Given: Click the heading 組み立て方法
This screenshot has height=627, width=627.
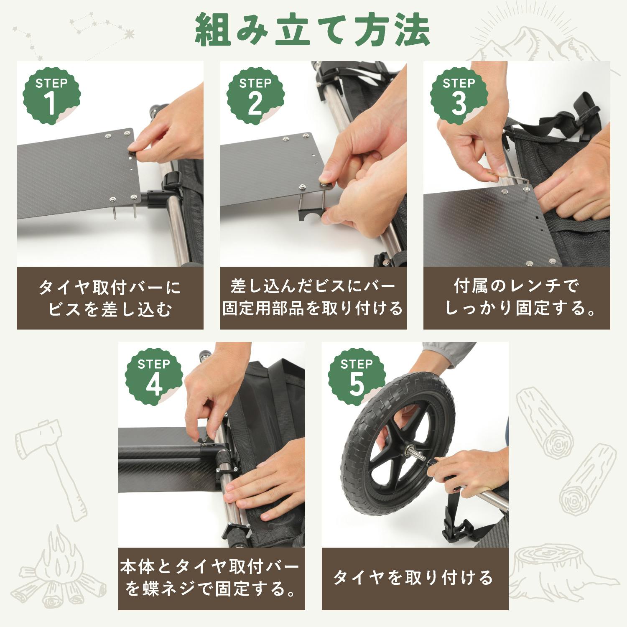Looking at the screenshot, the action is (313, 30).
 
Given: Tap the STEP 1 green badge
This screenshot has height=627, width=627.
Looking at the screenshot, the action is (51, 95).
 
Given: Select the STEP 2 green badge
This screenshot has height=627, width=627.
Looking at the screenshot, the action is (255, 95).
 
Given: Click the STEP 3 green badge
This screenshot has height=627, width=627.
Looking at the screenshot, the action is (459, 95).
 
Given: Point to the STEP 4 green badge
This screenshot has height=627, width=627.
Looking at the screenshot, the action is (154, 376).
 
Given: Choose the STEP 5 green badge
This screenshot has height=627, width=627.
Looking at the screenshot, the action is (357, 376).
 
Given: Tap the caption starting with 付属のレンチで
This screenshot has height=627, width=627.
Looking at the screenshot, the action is (517, 298).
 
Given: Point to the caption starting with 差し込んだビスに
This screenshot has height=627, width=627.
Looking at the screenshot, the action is (313, 298).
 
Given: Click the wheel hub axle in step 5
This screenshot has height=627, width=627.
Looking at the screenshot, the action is (416, 451).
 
